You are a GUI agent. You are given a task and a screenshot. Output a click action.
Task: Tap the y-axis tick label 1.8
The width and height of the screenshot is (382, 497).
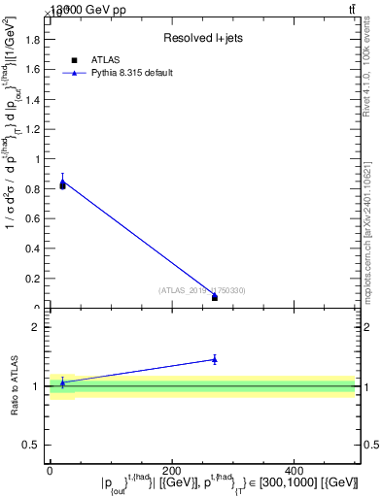[33, 40]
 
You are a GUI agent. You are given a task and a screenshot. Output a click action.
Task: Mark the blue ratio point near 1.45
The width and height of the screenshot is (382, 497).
[214, 359]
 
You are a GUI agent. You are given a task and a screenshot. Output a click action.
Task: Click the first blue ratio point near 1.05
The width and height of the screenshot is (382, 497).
[62, 382]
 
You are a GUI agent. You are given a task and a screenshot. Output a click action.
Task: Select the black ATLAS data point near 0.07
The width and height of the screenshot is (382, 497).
[215, 297]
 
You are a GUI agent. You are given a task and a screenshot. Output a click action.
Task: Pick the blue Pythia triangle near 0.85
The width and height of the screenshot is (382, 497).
[62, 180]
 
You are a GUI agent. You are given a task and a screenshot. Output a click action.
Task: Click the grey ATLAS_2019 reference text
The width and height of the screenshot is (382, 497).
[202, 290]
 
